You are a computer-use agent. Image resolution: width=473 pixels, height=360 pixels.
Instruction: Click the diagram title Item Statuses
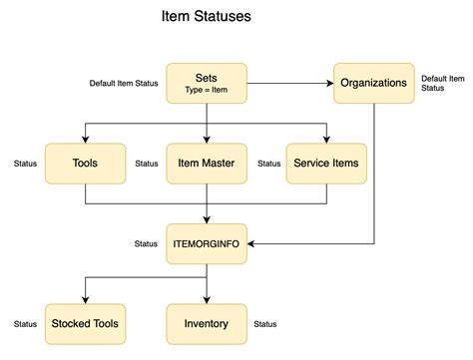(x=207, y=17)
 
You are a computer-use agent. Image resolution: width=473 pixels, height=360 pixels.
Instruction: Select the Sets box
(x=207, y=82)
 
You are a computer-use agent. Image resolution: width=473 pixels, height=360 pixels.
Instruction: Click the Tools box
(x=85, y=163)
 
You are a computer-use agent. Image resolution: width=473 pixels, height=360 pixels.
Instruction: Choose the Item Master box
(x=207, y=163)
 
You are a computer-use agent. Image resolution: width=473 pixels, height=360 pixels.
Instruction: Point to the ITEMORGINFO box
(x=207, y=243)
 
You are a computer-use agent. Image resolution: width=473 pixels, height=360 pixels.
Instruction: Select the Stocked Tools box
(x=85, y=323)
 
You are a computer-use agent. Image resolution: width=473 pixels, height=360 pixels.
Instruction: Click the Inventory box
(x=207, y=323)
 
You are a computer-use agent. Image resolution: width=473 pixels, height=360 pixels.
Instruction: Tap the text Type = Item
(x=207, y=90)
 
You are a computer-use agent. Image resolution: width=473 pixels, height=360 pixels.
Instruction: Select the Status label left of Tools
(x=25, y=164)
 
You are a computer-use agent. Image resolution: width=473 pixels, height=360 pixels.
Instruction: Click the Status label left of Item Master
(x=146, y=164)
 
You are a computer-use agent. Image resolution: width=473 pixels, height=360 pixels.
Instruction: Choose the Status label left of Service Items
(x=268, y=164)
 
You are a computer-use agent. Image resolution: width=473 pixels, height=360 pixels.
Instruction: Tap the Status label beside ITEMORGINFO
(x=146, y=243)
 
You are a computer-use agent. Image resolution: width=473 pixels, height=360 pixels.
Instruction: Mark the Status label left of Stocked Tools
(x=25, y=324)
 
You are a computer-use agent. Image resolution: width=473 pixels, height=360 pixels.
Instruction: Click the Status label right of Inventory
(x=265, y=324)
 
